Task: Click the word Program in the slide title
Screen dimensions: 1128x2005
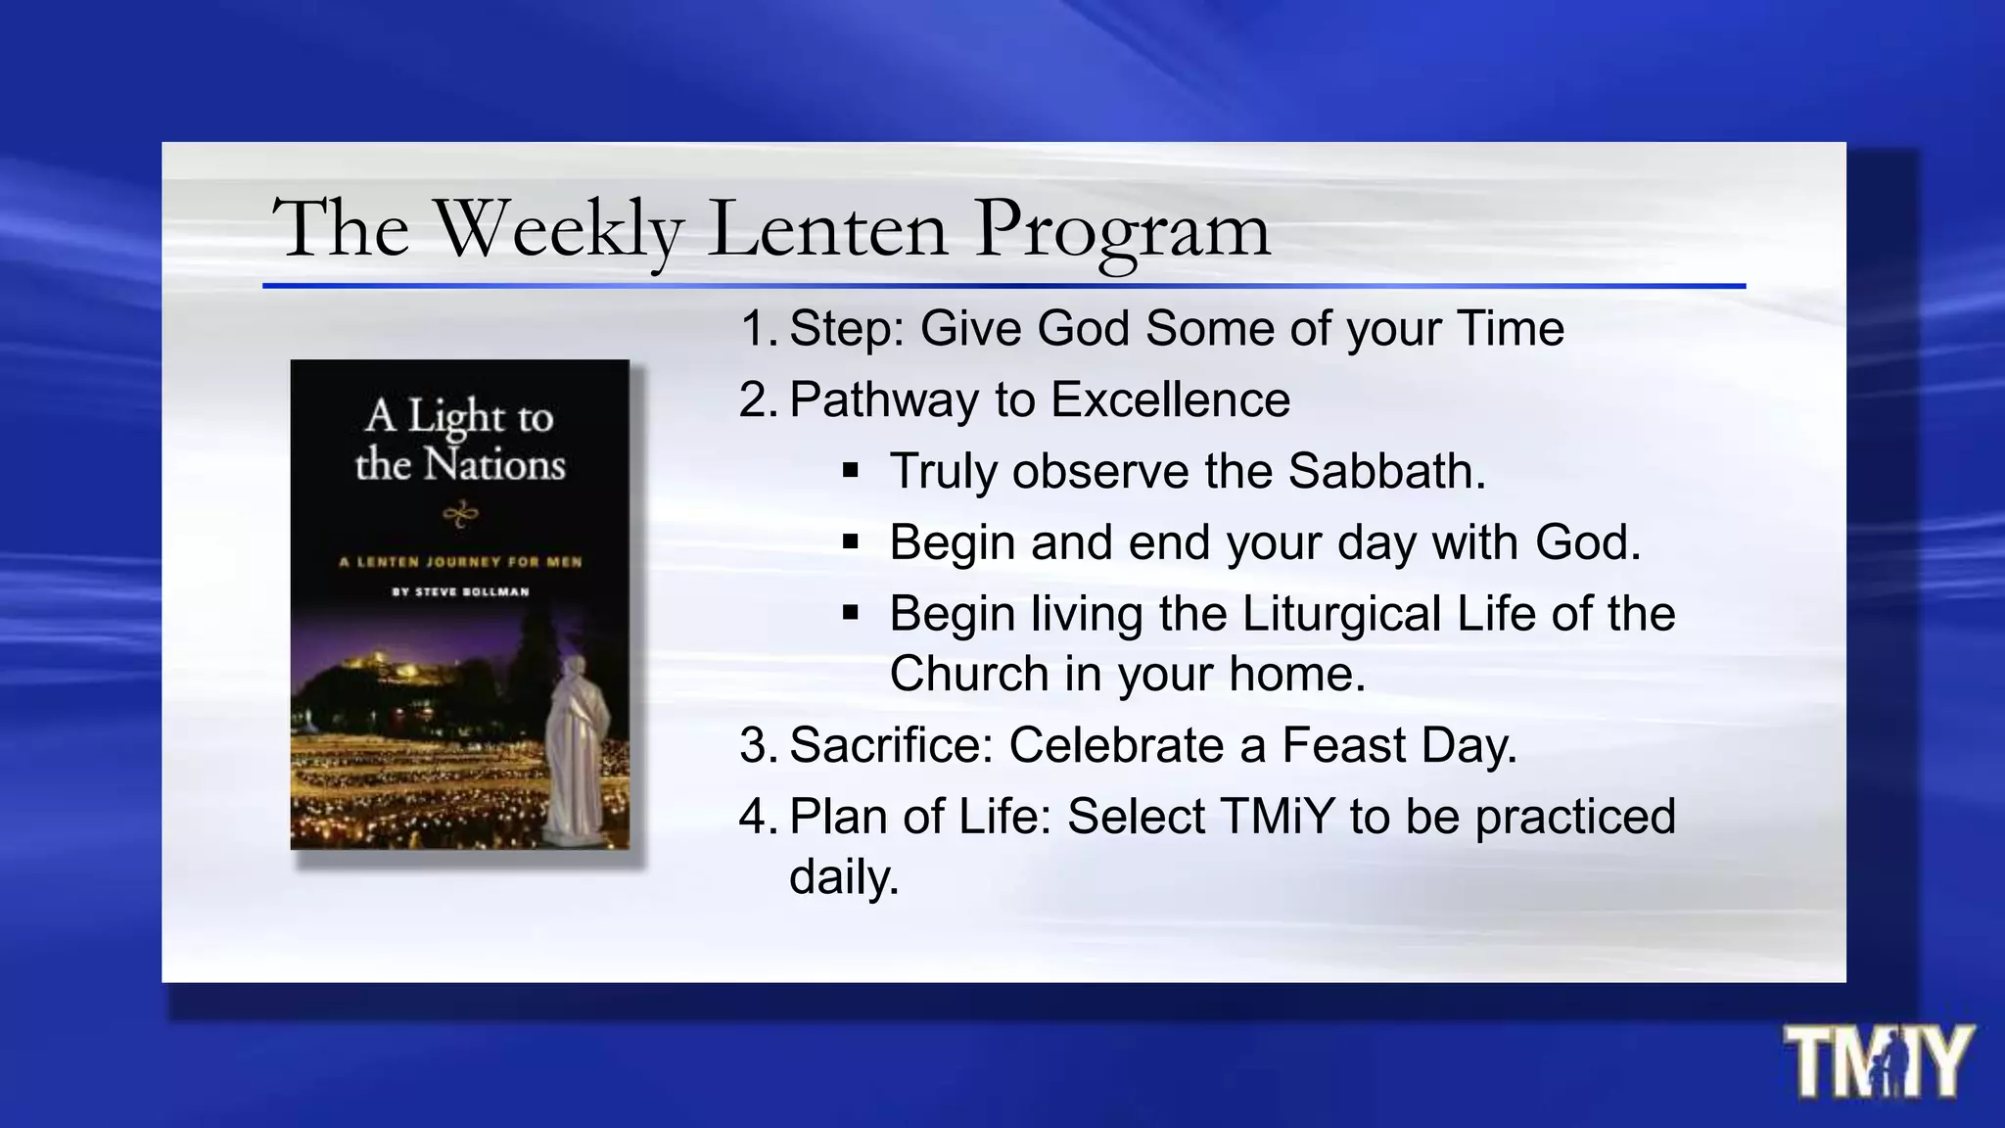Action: coord(1122,231)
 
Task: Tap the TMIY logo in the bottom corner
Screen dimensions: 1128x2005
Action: coord(1878,1063)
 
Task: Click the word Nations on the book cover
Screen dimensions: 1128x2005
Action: coord(494,464)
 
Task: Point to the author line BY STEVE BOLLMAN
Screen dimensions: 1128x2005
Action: coord(460,591)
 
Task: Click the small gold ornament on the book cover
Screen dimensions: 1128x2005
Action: coord(460,513)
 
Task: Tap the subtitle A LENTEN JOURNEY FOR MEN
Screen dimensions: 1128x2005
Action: coord(460,562)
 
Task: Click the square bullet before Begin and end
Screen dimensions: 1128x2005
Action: coord(850,541)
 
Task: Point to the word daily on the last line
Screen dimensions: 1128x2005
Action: coord(843,877)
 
